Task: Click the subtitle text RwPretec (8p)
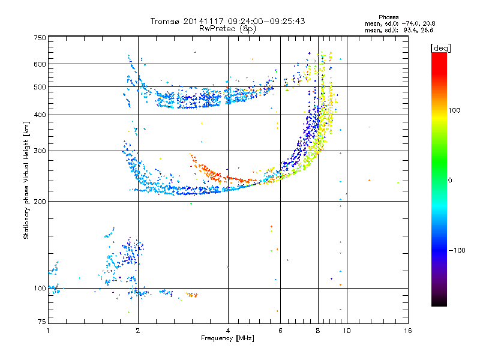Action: click(227, 29)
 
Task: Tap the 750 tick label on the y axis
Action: click(40, 38)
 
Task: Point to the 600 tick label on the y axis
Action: click(40, 64)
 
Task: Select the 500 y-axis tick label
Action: click(40, 87)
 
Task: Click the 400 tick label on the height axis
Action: click(40, 115)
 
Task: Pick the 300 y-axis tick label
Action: click(40, 151)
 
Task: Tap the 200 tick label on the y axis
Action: click(40, 202)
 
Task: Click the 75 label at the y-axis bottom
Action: click(42, 322)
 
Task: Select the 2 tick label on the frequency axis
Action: click(138, 331)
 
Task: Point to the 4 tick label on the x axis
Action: click(228, 331)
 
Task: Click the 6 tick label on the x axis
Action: click(280, 331)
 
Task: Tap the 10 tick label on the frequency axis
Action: click(347, 331)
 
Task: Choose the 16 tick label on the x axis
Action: click(408, 331)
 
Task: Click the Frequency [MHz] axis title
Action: click(227, 338)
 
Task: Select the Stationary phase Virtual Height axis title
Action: click(26, 180)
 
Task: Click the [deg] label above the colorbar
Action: click(440, 48)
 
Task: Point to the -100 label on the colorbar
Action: click(457, 250)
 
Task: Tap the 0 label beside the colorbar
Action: click(450, 181)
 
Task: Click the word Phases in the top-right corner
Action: click(388, 17)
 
